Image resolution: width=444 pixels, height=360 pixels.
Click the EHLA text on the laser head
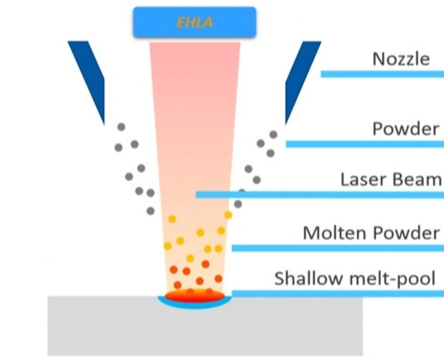coord(194,22)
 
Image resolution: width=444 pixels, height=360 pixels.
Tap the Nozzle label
coord(401,58)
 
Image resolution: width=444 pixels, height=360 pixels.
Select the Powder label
coord(405,129)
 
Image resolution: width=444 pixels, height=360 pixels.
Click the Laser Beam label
coord(390,179)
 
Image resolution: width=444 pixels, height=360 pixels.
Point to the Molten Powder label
coord(371,233)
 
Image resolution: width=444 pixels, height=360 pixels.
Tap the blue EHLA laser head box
coord(194,22)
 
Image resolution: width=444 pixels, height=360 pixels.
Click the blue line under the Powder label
coord(365,144)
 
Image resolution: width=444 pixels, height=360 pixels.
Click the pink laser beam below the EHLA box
coord(193,108)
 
